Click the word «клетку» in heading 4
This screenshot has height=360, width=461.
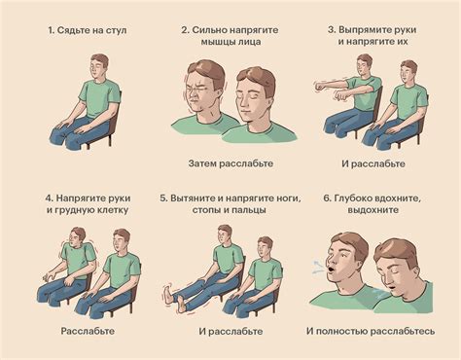(x=114, y=210)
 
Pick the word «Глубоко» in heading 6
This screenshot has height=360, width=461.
(x=352, y=198)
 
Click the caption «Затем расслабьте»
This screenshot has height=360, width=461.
(x=230, y=163)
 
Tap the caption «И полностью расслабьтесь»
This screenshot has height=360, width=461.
(x=371, y=332)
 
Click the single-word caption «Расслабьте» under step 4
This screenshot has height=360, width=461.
(x=88, y=331)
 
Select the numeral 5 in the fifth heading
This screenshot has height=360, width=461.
(x=163, y=198)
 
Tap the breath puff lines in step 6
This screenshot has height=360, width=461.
(x=319, y=267)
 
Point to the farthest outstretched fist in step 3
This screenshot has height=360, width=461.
(x=320, y=87)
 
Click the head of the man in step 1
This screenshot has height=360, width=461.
(x=98, y=66)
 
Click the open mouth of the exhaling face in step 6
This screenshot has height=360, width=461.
(x=331, y=270)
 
